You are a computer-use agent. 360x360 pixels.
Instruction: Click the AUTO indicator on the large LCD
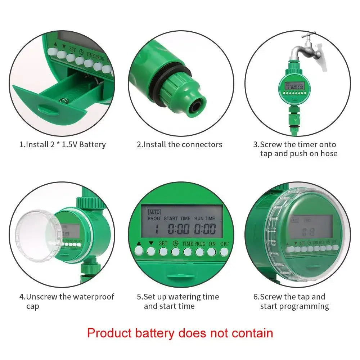(x=154, y=212)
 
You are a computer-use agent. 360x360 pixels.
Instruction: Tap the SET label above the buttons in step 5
(x=163, y=243)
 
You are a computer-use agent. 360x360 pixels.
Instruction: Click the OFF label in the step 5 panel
(x=224, y=243)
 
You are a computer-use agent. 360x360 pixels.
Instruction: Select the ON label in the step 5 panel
(x=212, y=243)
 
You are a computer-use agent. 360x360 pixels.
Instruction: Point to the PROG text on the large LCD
(x=154, y=219)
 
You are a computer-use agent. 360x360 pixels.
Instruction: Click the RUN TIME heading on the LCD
(x=204, y=219)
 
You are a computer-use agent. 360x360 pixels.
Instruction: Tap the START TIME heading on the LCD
(x=177, y=219)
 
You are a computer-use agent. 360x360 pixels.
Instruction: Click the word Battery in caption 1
(x=93, y=145)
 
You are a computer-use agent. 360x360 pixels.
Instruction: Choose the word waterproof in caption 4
(x=93, y=297)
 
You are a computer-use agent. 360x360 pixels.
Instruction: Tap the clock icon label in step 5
(x=175, y=243)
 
